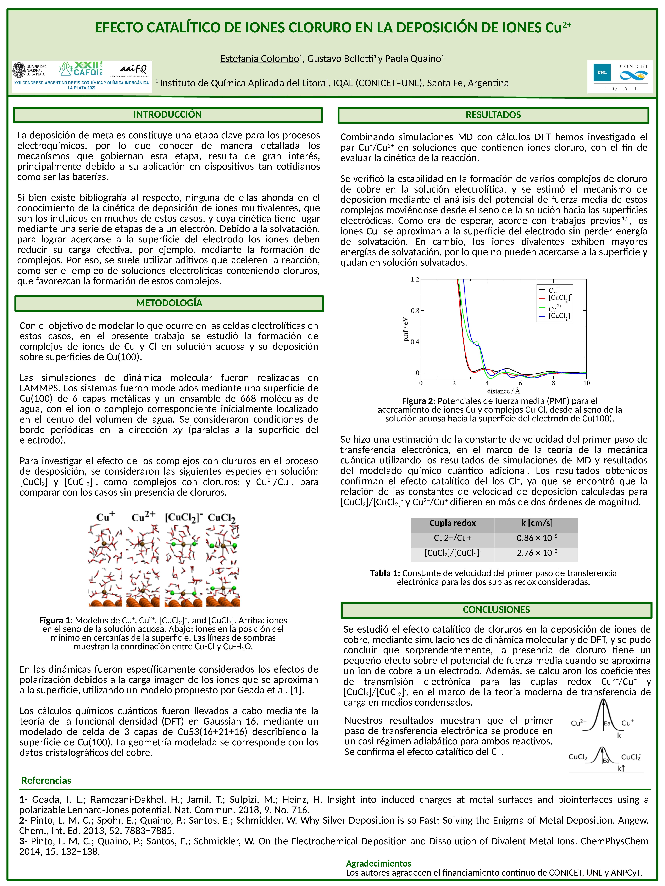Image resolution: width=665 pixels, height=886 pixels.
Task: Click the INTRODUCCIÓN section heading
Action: point(168,115)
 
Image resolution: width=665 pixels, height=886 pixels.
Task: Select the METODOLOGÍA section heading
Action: point(169,303)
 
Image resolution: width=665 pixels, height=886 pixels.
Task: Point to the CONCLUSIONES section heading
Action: point(496,610)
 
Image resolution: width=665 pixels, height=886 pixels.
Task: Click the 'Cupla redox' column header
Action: point(453,523)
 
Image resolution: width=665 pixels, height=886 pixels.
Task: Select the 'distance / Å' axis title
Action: point(503,390)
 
